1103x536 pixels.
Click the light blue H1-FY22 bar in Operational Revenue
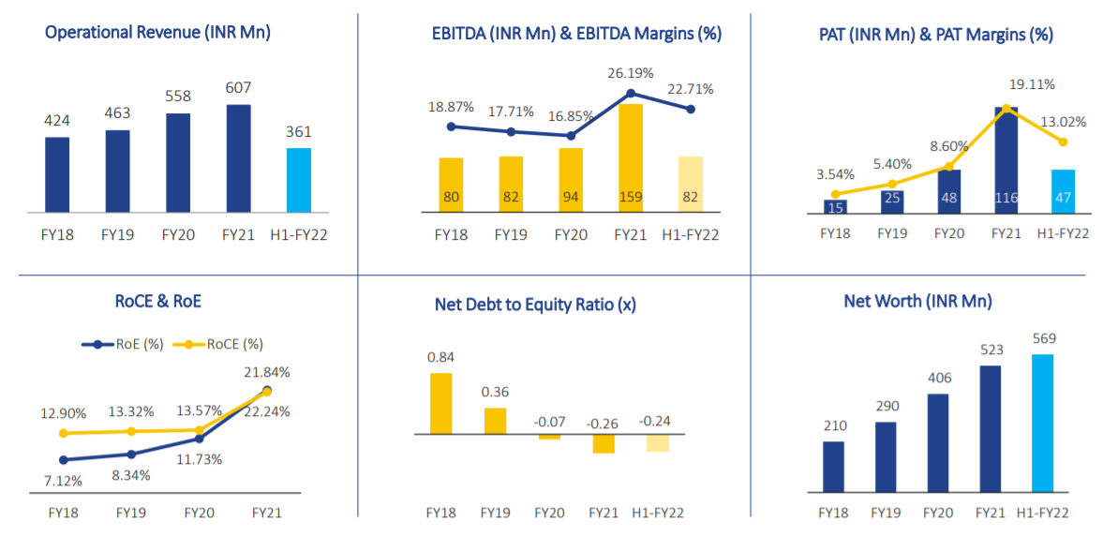pyautogui.click(x=299, y=180)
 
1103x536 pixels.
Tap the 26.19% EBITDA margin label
pyautogui.click(x=629, y=73)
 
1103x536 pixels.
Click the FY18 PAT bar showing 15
pyautogui.click(x=835, y=206)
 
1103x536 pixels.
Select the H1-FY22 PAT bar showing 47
pyautogui.click(x=1064, y=191)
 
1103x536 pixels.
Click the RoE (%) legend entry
pyautogui.click(x=123, y=344)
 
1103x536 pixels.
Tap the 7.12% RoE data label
pyautogui.click(x=62, y=481)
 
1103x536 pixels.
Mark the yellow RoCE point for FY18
pyautogui.click(x=64, y=433)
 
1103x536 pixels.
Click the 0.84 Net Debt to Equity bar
pyautogui.click(x=440, y=403)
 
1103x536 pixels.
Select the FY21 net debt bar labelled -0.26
pyautogui.click(x=603, y=443)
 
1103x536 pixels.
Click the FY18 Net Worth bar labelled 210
pyautogui.click(x=834, y=466)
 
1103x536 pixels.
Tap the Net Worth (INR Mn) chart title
pyautogui.click(x=917, y=302)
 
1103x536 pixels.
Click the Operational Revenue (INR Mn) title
pyautogui.click(x=157, y=33)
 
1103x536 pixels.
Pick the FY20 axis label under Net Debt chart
pyautogui.click(x=549, y=513)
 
